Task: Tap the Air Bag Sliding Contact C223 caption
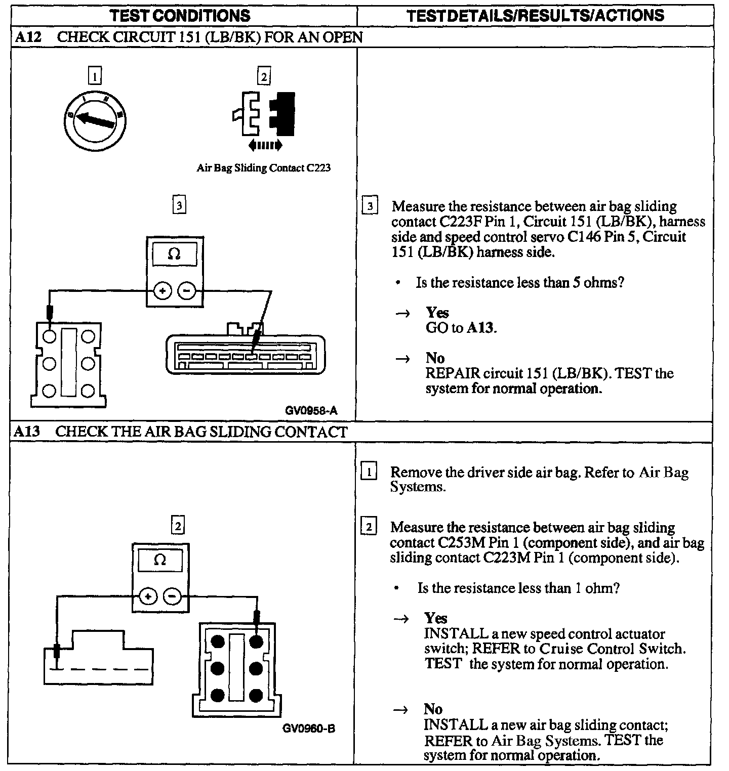click(x=263, y=168)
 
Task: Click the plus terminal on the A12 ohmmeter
click(x=163, y=291)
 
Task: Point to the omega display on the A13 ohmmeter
click(x=160, y=561)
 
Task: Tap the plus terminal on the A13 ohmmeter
click(x=148, y=597)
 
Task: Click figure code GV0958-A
click(x=311, y=410)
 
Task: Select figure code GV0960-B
click(x=309, y=729)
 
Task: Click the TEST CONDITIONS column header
click(x=181, y=15)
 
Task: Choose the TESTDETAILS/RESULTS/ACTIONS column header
click(x=535, y=15)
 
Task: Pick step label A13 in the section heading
click(x=26, y=432)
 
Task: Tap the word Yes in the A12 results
click(x=437, y=312)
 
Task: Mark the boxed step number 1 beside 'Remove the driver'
click(x=369, y=473)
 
